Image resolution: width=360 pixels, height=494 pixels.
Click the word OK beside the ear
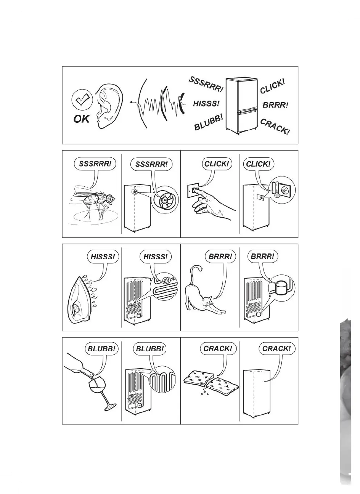[x=81, y=119]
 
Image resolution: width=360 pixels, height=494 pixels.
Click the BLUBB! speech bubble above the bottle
[x=101, y=348]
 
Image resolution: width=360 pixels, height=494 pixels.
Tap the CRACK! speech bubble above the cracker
[x=218, y=348]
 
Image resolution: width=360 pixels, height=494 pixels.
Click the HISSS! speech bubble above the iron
[x=103, y=257]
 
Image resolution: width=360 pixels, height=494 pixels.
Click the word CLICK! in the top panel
[x=272, y=86]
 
